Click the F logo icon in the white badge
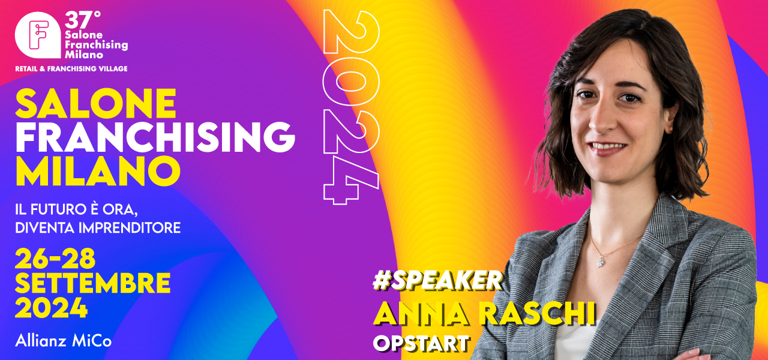tap(38, 35)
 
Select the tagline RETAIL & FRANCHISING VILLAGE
tap(71, 68)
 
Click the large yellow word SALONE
tap(96, 104)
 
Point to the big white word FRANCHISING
tap(155, 137)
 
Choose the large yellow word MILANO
tap(98, 171)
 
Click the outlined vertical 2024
tap(350, 107)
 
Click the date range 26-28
tap(55, 259)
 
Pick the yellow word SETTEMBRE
tap(93, 283)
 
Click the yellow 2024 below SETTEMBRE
tap(52, 308)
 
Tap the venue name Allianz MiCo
tap(64, 341)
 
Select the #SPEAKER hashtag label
tap(437, 281)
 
